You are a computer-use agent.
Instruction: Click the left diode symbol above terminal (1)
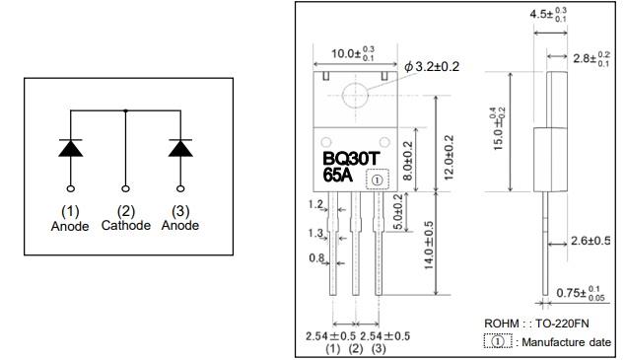point(70,147)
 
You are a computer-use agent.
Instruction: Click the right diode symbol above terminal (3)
point(179,147)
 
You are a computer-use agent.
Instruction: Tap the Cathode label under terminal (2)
point(125,225)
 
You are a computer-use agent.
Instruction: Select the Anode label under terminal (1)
point(70,225)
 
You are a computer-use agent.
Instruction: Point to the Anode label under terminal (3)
point(179,225)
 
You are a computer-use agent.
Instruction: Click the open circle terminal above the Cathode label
point(125,186)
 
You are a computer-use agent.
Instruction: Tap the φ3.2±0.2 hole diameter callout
point(434,66)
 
